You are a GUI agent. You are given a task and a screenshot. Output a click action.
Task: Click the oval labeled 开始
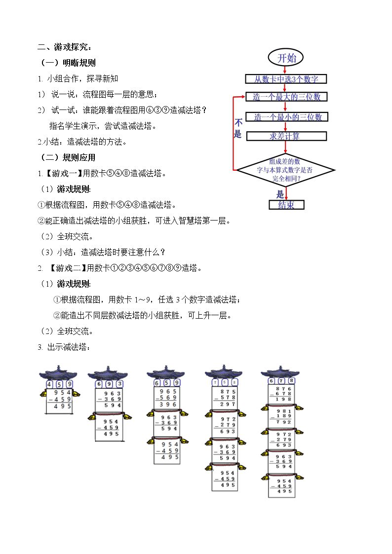286,58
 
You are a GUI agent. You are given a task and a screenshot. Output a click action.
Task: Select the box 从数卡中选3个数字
286,79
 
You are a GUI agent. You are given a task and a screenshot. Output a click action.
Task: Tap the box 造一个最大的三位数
286,97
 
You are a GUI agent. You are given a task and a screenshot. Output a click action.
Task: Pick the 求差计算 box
286,136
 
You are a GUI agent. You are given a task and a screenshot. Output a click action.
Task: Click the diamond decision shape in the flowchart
286,170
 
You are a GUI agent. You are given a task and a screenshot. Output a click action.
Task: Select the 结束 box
286,205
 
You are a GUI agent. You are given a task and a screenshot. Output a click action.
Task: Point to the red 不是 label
238,129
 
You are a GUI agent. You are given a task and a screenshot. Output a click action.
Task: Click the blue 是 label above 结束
280,194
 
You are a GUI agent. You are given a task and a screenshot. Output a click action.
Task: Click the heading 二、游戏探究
65,47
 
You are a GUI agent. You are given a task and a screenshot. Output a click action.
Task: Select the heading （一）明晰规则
68,63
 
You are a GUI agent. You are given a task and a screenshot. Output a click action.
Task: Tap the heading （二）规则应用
68,158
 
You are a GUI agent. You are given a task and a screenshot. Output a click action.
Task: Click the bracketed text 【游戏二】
67,268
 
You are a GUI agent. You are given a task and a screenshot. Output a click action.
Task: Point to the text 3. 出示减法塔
64,347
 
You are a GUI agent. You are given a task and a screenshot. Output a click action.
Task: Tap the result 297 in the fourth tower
227,404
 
